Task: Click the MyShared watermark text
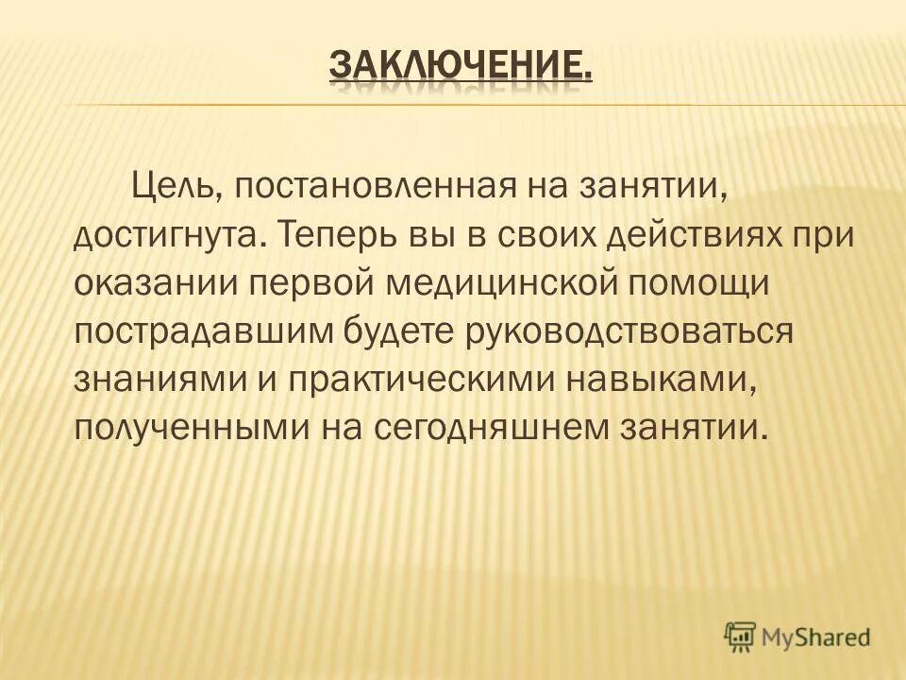[818, 637]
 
